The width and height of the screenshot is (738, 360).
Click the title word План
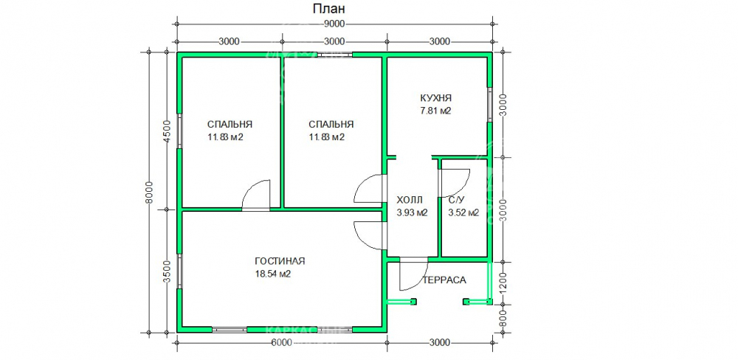(328, 8)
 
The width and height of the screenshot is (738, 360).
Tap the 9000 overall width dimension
(334, 24)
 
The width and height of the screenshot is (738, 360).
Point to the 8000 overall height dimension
(149, 192)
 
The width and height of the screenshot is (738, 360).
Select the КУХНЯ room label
(436, 98)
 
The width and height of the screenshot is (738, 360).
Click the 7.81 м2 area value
(436, 111)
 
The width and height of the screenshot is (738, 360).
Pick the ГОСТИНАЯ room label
(280, 261)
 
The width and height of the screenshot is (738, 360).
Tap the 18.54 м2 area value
(272, 274)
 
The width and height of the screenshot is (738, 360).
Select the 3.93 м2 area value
(412, 212)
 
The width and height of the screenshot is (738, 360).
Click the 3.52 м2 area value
(463, 212)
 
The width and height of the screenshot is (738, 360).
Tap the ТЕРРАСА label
(444, 280)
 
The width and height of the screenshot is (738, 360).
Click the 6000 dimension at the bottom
(281, 342)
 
